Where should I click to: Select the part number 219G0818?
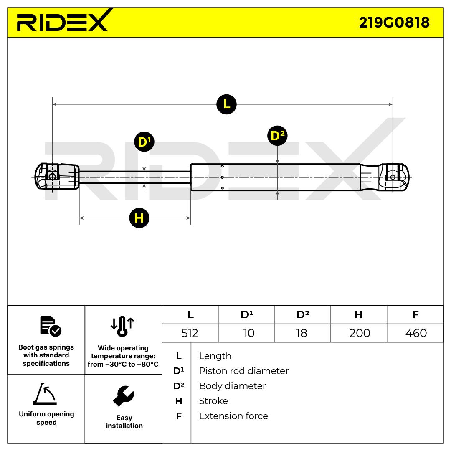point(394,23)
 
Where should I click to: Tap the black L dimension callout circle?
point(226,104)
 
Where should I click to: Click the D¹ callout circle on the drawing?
point(144,142)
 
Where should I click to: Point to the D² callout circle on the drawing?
point(277,136)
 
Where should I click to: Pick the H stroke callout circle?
point(139,218)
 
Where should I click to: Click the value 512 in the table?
point(190,333)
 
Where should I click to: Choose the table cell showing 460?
point(416,333)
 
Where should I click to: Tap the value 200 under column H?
point(359,333)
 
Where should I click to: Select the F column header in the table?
point(415,315)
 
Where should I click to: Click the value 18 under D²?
point(302,333)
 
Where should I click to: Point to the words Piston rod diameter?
point(243,371)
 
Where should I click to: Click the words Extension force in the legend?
point(233,416)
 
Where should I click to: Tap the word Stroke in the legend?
point(213,401)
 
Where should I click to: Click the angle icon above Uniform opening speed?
point(45,394)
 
